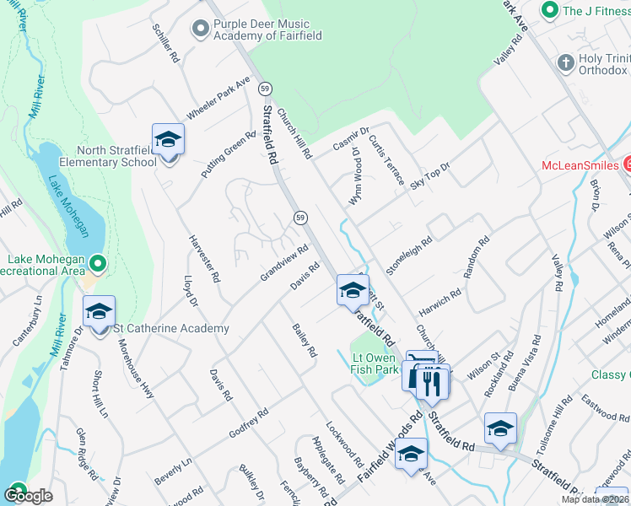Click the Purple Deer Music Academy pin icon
tap(201, 30)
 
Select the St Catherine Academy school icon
tap(99, 311)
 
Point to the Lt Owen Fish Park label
tap(375, 363)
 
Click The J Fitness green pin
tap(550, 10)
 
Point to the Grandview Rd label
tap(285, 263)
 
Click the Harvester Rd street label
tap(205, 258)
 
